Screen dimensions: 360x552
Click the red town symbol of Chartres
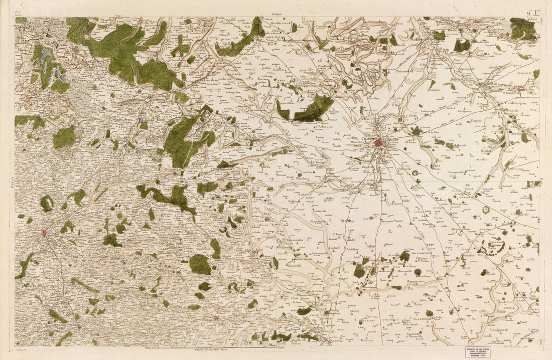[x=378, y=143]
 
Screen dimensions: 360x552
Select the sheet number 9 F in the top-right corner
[x=533, y=13]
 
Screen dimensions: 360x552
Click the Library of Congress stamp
[x=476, y=352]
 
